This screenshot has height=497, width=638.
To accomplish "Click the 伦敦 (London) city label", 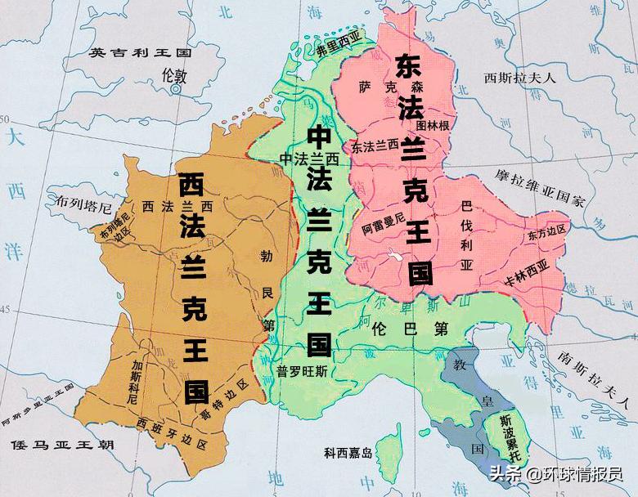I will (x=174, y=76).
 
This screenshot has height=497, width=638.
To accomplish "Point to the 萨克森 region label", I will (x=382, y=86).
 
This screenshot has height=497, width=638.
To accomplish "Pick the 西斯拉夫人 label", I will (x=519, y=78).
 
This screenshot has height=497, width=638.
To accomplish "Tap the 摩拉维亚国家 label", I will (x=540, y=189).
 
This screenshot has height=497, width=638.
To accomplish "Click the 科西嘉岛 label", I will (x=348, y=451).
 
